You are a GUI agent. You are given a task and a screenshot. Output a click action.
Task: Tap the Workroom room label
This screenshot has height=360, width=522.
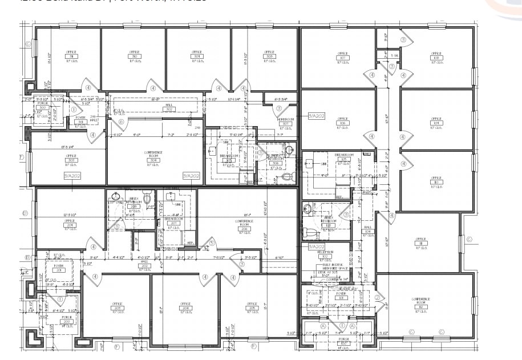[285, 120]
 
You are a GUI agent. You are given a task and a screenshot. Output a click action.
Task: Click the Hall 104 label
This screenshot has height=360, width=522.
[367, 232]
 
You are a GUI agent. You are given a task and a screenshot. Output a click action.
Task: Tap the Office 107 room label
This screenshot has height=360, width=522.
[343, 58]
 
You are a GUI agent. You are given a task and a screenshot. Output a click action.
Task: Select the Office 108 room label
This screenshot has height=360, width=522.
[436, 58]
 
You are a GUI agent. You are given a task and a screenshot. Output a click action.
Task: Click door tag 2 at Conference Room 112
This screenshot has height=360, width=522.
[377, 297]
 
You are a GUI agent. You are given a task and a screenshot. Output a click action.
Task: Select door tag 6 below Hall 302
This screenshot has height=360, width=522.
[120, 122]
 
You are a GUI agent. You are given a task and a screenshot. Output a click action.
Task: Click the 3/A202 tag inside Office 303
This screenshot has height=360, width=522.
[72, 176]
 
